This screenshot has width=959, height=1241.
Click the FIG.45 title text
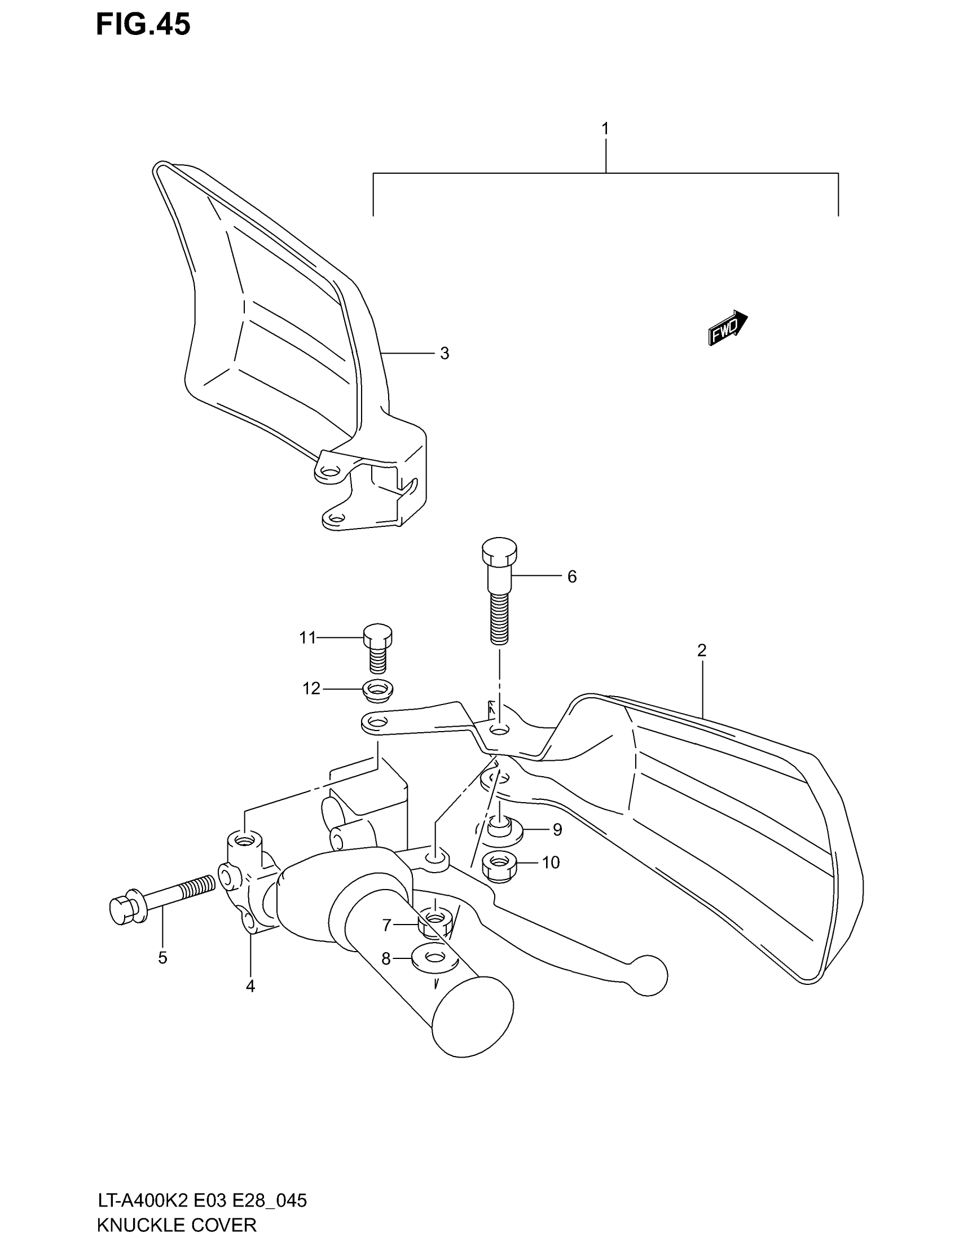pos(143,25)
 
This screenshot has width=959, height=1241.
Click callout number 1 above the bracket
pos(605,129)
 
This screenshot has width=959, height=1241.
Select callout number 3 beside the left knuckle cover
pos(445,354)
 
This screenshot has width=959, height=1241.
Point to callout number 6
pos(571,577)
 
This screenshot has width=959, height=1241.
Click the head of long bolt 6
pos(499,549)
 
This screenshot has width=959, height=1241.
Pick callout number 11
pos(307,638)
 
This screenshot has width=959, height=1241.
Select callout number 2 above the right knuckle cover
pos(702,650)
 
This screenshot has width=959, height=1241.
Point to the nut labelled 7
pos(434,925)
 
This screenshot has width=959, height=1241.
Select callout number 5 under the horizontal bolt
pos(162,958)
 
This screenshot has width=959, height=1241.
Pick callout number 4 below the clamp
pos(250,987)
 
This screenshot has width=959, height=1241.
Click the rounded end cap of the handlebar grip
pos(473,1016)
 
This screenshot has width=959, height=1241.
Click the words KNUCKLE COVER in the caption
pos(177,1225)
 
